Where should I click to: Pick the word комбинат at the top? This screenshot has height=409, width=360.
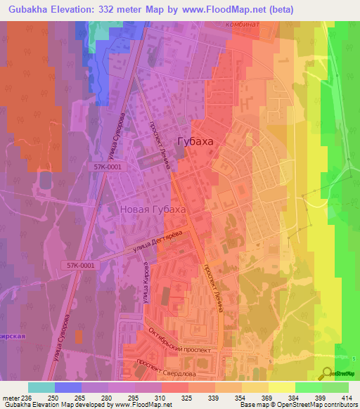243,24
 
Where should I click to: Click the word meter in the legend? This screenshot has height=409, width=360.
11,398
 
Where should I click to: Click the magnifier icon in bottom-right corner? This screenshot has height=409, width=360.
326,372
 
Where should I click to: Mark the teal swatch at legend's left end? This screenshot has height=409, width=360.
41,387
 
